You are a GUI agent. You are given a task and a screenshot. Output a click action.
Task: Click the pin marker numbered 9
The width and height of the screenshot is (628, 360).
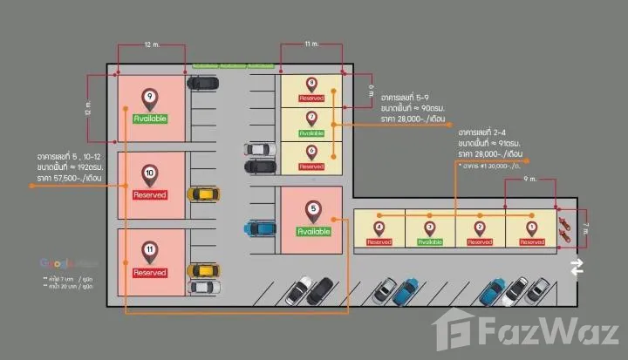pos(150,98)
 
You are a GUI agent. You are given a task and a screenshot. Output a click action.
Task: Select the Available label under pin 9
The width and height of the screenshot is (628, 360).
pos(150,118)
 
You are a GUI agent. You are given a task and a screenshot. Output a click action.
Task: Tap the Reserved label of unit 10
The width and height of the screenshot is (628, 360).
pos(150,195)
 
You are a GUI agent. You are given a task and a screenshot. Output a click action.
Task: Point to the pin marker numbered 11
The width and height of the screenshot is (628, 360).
pos(150,252)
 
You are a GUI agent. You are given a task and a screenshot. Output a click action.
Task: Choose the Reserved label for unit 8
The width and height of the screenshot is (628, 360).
pos(312,98)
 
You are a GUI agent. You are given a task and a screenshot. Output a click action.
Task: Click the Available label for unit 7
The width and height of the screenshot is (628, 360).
pos(312,133)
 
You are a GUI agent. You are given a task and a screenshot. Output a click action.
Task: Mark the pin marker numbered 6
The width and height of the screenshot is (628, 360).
pos(312,152)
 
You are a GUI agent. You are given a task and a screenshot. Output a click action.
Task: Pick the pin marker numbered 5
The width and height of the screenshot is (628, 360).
pos(313,211)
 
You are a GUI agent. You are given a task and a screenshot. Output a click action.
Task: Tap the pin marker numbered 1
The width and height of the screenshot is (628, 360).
pos(531,228)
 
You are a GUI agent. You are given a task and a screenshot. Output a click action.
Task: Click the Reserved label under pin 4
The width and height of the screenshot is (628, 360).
pos(379,241)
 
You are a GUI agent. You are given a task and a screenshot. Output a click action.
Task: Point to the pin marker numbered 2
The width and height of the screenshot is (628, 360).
pos(481,228)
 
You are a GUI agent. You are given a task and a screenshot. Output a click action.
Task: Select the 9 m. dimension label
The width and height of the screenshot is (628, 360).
pos(529,180)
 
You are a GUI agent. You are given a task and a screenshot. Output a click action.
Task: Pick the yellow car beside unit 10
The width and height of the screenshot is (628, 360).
pos(203,194)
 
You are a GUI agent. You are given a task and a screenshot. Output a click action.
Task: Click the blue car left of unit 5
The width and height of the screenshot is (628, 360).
pos(259,228)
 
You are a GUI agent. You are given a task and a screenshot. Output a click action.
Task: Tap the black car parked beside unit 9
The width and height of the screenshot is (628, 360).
pos(202,84)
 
